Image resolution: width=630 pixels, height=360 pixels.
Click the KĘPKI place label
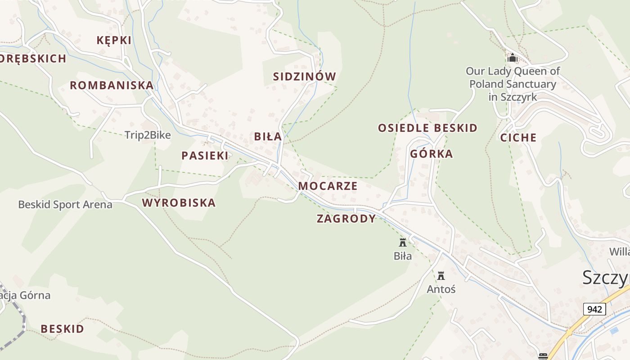pyautogui.click(x=114, y=40)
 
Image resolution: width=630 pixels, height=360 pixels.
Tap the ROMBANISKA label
pyautogui.click(x=112, y=85)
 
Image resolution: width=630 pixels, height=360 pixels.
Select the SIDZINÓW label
pyautogui.click(x=305, y=76)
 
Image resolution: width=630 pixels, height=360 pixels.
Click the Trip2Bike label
pyautogui.click(x=148, y=135)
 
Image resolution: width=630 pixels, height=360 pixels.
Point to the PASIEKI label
pyautogui.click(x=205, y=156)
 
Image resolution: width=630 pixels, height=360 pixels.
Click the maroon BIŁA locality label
pyautogui.click(x=268, y=136)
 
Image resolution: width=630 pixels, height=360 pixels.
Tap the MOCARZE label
pyautogui.click(x=328, y=186)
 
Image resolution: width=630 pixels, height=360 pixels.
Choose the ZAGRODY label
pyautogui.click(x=346, y=219)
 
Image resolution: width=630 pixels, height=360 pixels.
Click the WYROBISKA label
pyautogui.click(x=179, y=203)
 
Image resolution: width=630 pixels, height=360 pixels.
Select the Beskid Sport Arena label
pyautogui.click(x=65, y=205)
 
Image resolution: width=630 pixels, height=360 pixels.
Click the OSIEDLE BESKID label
pyautogui.click(x=427, y=128)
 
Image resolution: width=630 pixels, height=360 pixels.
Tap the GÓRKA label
pyautogui.click(x=431, y=154)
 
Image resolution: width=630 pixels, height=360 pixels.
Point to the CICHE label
pyautogui.click(x=518, y=138)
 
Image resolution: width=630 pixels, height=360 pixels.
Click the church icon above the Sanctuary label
pyautogui.click(x=512, y=58)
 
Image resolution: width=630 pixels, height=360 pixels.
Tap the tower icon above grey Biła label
pyautogui.click(x=403, y=243)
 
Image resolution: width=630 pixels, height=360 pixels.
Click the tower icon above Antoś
pyautogui.click(x=441, y=275)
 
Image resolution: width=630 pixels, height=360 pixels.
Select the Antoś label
pyautogui.click(x=441, y=289)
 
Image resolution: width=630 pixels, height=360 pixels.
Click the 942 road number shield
pyautogui.click(x=594, y=309)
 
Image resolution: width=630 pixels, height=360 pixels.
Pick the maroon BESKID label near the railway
pyautogui.click(x=63, y=329)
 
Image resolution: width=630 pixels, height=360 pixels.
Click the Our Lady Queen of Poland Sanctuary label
pyautogui.click(x=513, y=84)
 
